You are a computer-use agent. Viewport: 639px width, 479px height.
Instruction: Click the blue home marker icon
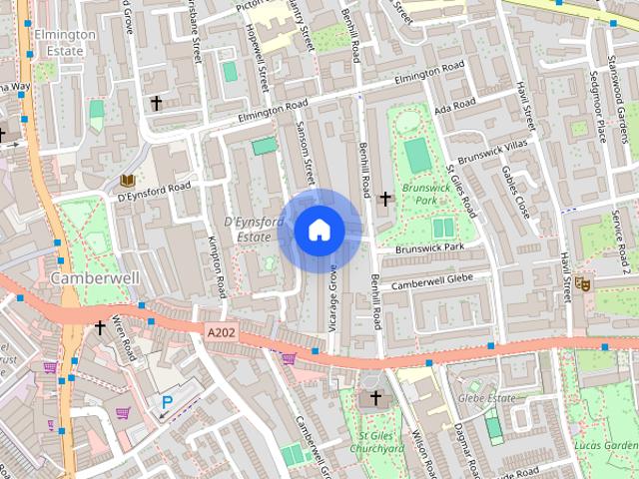coord(319,230)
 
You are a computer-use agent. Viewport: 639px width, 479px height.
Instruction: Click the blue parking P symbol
coord(167,402)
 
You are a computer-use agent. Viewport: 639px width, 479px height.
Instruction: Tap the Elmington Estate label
coord(63,41)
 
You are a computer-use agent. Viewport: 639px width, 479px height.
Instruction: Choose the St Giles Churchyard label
coord(375,442)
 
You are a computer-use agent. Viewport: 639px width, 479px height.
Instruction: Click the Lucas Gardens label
coord(606,446)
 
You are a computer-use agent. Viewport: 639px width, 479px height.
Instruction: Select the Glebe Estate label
coord(486,398)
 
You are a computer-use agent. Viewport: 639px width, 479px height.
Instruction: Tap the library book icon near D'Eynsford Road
coord(127,180)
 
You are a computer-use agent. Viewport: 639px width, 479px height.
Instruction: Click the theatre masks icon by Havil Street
coord(584,284)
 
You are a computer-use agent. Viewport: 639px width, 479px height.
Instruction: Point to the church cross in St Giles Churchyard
coord(375,398)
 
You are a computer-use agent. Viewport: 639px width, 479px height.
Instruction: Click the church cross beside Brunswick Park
coord(385,199)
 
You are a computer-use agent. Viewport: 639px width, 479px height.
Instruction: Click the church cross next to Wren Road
coord(99,326)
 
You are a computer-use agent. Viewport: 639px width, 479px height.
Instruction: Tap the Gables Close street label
coord(515,194)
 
